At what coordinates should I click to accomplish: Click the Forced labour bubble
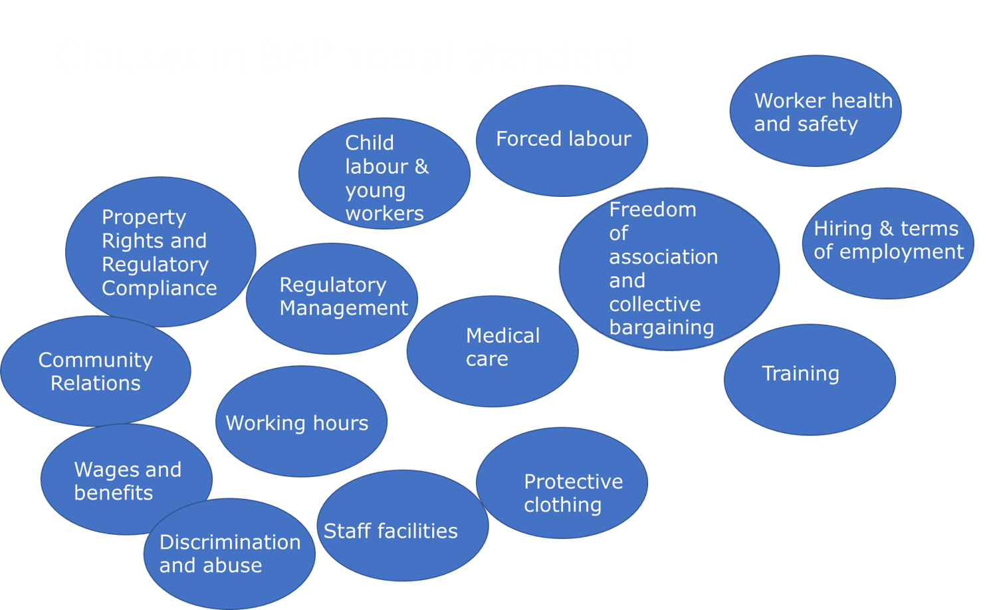pos(562,140)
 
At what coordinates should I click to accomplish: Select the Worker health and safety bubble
pos(815,111)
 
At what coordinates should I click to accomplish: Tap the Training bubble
pos(809,379)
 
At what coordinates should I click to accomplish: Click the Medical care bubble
pos(492,351)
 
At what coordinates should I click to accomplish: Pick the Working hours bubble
pos(301,422)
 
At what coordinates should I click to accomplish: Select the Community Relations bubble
pos(95,371)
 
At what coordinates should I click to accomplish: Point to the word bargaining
pos(661,328)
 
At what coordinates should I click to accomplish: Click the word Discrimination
pos(230,542)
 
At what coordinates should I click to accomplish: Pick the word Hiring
pos(842,229)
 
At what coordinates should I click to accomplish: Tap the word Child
pos(369,143)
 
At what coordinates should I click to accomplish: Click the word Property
pos(144,218)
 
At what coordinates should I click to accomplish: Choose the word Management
pos(344,308)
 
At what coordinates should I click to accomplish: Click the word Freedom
pos(653,210)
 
